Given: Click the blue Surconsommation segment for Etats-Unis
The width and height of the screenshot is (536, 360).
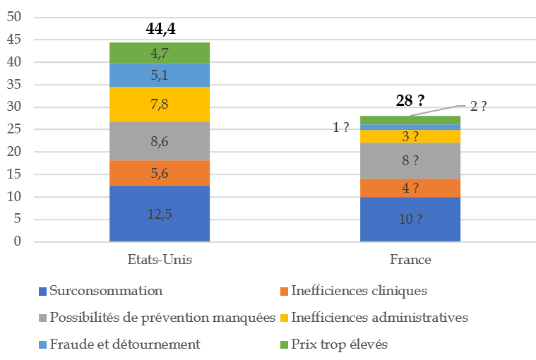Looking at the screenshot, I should pyautogui.click(x=159, y=214).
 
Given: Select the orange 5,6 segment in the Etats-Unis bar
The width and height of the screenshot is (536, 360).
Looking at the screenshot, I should pyautogui.click(x=159, y=174).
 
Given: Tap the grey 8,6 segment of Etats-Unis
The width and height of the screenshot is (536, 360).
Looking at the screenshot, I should pyautogui.click(x=159, y=141).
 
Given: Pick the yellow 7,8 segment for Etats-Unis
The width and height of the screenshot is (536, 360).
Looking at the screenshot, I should pyautogui.click(x=159, y=104).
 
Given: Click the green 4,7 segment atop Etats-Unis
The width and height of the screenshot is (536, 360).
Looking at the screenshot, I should pyautogui.click(x=159, y=53).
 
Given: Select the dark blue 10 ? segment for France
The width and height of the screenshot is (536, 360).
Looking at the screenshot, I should pyautogui.click(x=410, y=220).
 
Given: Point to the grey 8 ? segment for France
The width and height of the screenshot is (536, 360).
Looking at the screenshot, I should pyautogui.click(x=410, y=161).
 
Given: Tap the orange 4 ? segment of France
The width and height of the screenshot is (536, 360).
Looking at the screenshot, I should pyautogui.click(x=410, y=188).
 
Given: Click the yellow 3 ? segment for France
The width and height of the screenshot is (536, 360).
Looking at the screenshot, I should pyautogui.click(x=410, y=136).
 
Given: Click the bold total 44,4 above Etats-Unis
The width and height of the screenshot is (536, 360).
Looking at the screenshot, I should pyautogui.click(x=159, y=29).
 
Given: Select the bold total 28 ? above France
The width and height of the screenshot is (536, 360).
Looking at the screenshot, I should pyautogui.click(x=410, y=101).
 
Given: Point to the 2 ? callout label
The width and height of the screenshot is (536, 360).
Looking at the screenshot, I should pyautogui.click(x=478, y=107).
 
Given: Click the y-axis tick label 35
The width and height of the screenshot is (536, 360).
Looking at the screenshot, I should pyautogui.click(x=13, y=85).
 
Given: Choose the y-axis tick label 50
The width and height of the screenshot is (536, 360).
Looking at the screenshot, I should pyautogui.click(x=13, y=17).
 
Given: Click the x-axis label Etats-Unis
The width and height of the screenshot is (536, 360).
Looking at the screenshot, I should pyautogui.click(x=159, y=260).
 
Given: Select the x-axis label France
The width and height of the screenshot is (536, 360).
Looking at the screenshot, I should pyautogui.click(x=410, y=260).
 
